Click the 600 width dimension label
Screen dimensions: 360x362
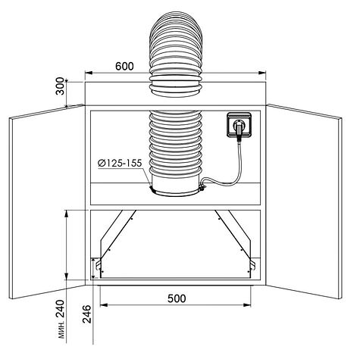click(x=124, y=66)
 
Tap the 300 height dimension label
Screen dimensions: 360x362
click(x=60, y=86)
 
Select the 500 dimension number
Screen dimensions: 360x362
click(x=177, y=298)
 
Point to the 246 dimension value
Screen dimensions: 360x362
click(x=87, y=314)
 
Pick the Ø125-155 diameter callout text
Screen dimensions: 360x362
click(x=120, y=164)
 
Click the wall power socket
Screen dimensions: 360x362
click(x=239, y=124)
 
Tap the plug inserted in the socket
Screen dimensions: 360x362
click(x=239, y=130)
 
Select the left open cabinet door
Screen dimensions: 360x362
click(x=47, y=201)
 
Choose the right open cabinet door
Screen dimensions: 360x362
click(x=304, y=201)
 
